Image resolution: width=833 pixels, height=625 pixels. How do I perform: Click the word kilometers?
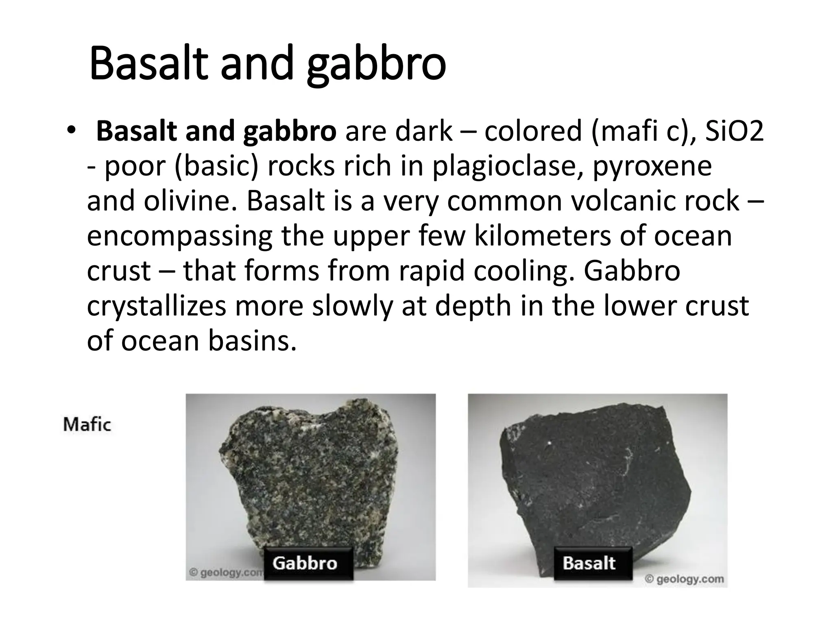tap(543, 236)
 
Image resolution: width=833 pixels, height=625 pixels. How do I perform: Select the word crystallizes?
tap(157, 306)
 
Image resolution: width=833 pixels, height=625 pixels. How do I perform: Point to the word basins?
tap(252, 341)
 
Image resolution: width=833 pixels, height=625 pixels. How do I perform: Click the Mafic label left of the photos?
tap(87, 425)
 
